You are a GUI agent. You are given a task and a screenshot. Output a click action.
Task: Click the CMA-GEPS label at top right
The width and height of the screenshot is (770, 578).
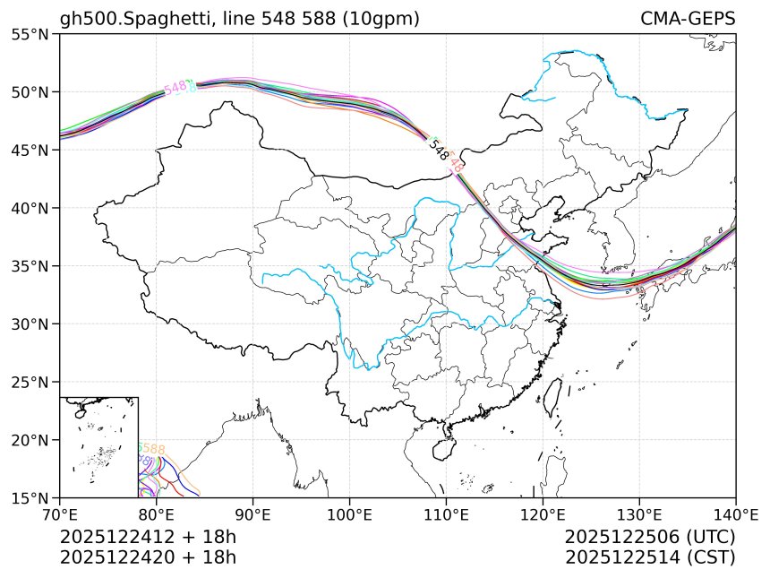pyautogui.click(x=688, y=19)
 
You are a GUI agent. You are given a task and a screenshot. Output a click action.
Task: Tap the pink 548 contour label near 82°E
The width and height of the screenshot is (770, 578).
pyautogui.click(x=175, y=88)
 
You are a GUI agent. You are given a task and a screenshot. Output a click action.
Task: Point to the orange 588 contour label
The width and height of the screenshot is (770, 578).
pyautogui.click(x=153, y=449)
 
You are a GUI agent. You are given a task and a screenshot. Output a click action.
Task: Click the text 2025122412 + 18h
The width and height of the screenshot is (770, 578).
pyautogui.click(x=148, y=538)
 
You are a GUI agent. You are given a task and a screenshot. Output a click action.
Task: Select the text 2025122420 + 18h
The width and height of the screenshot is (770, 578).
pyautogui.click(x=148, y=557)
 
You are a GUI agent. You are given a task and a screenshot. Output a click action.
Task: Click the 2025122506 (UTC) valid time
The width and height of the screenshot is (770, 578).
pyautogui.click(x=650, y=538)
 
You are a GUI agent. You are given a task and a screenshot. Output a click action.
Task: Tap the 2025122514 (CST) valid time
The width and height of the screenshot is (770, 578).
pyautogui.click(x=650, y=557)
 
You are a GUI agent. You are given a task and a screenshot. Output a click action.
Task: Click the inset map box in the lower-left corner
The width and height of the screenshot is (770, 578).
pyautogui.click(x=98, y=446)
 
